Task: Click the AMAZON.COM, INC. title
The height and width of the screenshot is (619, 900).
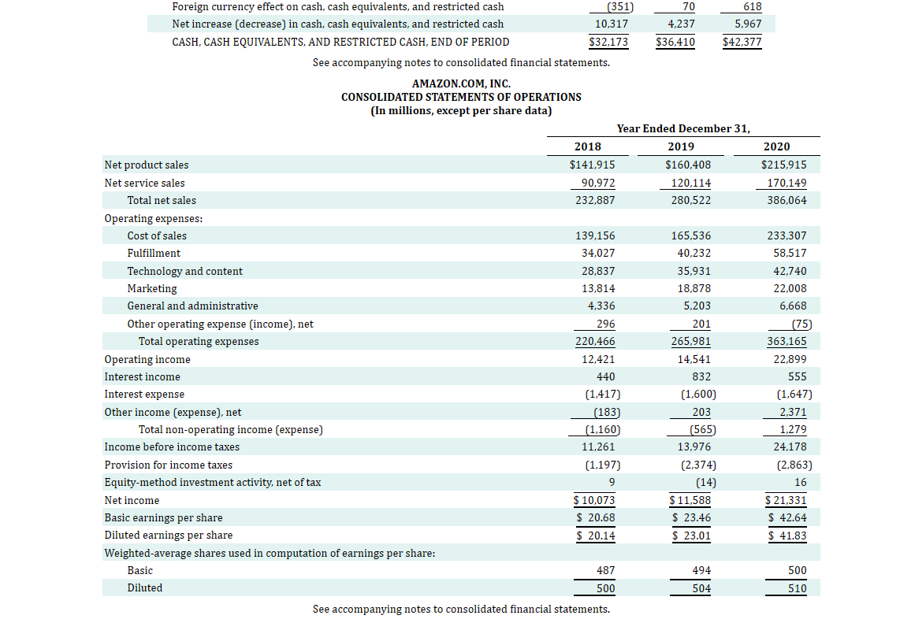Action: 461,83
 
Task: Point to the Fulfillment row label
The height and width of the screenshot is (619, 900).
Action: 154,253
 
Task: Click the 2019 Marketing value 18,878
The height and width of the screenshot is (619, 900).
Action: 694,288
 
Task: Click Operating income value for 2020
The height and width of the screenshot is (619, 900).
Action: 791,359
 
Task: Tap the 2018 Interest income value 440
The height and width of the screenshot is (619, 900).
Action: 606,376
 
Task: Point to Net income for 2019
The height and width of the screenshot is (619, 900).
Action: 690,500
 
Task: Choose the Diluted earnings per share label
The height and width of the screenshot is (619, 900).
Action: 168,536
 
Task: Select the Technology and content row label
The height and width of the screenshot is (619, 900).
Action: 184,271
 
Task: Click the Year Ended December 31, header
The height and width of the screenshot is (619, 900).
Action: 683,128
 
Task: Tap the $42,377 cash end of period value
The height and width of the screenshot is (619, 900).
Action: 742,42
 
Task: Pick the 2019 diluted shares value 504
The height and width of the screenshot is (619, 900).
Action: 701,588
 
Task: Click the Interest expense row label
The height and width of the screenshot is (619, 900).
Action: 144,394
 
